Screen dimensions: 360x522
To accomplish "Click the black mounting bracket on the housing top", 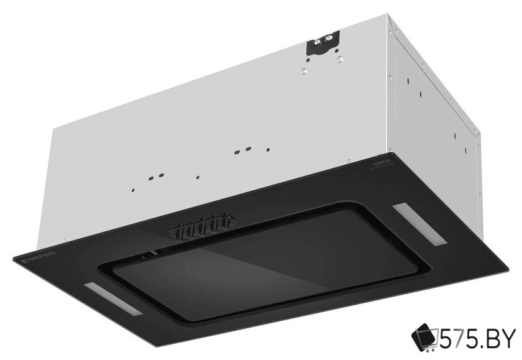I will pos(323,44).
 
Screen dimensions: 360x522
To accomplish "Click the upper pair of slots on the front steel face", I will pos(243,150).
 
